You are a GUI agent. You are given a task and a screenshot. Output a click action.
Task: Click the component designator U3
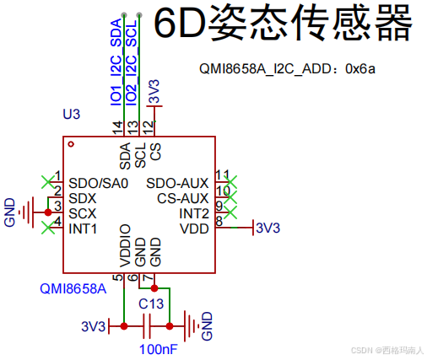tap(72, 114)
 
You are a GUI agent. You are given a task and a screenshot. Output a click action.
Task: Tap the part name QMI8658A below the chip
tap(73, 289)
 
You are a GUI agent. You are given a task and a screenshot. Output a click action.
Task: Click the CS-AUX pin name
tap(183, 198)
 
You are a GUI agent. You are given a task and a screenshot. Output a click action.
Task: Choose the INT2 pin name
tap(194, 213)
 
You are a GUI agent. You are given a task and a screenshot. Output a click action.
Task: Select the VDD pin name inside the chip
tap(194, 228)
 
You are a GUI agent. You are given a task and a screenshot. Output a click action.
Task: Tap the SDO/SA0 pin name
tap(99, 183)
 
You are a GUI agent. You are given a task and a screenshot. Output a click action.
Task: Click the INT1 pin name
tap(84, 228)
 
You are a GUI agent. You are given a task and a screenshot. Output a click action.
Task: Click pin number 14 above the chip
tap(117, 127)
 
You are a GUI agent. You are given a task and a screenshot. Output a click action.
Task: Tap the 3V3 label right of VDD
tap(268, 228)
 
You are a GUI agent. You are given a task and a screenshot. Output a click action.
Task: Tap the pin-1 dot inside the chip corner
tap(72, 144)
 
